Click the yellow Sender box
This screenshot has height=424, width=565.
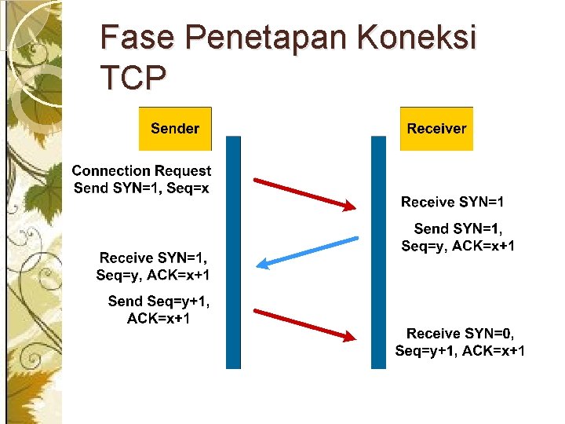pos(175,128)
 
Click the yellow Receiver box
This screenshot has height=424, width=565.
pos(436,128)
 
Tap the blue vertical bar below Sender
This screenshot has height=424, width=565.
pos(233,251)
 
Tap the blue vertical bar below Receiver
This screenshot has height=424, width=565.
pos(379,251)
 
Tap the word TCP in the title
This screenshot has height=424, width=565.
pos(133,77)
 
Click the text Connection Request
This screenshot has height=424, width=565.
pos(141,170)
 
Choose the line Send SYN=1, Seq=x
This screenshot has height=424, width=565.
pos(141,188)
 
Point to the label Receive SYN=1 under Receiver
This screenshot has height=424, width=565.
pos(453,202)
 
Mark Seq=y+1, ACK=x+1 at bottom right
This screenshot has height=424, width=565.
pos(461,351)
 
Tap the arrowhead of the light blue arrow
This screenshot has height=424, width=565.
pos(262,265)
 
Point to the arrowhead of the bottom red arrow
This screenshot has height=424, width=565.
pos(348,337)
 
